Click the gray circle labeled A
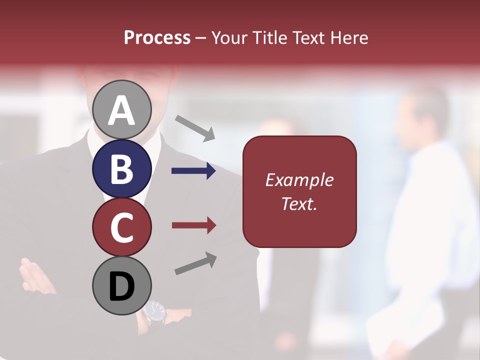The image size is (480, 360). coord(122,109)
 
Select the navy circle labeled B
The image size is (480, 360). coord(122,168)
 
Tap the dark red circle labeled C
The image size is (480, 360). coord(122,227)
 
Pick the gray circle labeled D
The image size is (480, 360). coord(122,286)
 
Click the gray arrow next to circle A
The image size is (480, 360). coord(195,128)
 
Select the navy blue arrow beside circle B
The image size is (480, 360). coord(193,171)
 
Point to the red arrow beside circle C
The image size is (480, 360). coord(193,225)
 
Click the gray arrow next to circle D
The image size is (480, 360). coord(195,263)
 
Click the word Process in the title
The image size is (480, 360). coord(157,38)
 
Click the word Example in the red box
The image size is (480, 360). coord(299,180)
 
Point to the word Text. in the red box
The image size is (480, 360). coord(299,203)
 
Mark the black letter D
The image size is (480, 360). coord(122,287)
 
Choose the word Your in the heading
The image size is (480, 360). coord(229,38)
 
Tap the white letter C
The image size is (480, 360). coord(122,228)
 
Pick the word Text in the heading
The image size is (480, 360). coord(308,38)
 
